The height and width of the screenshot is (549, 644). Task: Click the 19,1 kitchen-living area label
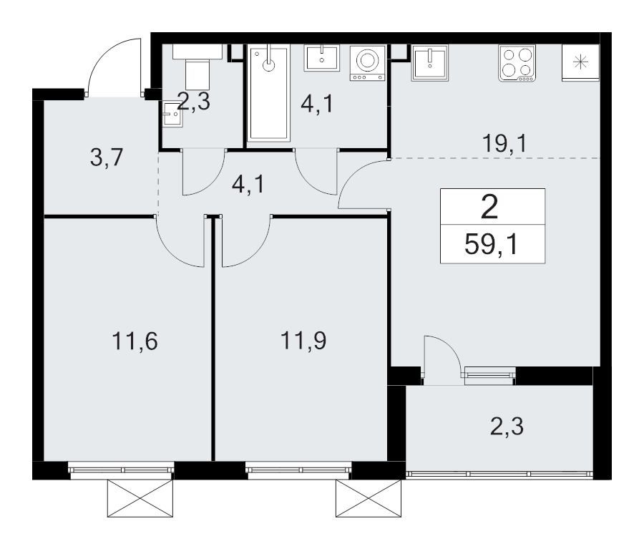tap(504, 144)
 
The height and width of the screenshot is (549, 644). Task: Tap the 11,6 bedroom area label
tap(135, 341)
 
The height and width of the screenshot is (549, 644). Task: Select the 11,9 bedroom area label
tap(303, 341)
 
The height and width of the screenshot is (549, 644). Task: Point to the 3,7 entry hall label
tap(107, 157)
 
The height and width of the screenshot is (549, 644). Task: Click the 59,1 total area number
tap(492, 245)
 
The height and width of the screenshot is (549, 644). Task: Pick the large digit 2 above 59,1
tap(489, 207)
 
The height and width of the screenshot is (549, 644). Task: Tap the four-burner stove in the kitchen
tap(517, 63)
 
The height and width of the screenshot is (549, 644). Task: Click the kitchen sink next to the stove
tap(429, 62)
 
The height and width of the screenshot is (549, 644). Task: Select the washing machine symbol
tap(368, 63)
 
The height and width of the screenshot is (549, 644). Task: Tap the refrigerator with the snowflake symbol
tap(580, 62)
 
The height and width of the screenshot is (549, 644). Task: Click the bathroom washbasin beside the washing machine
tap(322, 59)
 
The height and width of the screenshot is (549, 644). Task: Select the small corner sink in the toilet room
tap(172, 115)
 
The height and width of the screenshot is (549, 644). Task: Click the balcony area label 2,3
tap(507, 426)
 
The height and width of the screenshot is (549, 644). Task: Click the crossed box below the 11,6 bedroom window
tap(140, 498)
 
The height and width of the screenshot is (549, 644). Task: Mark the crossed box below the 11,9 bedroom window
tap(369, 498)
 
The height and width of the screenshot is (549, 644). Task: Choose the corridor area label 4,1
tap(249, 185)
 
